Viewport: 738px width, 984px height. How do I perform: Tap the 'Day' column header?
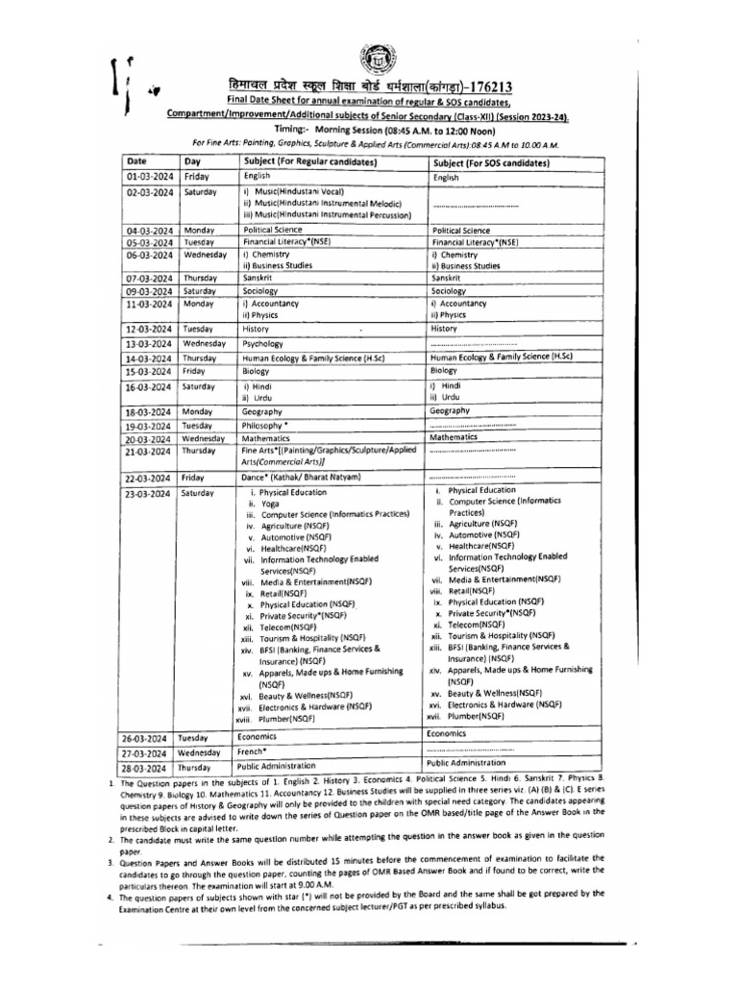(193, 162)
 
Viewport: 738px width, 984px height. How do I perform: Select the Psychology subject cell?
(262, 342)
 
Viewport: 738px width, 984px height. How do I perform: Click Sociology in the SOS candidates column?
(449, 290)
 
